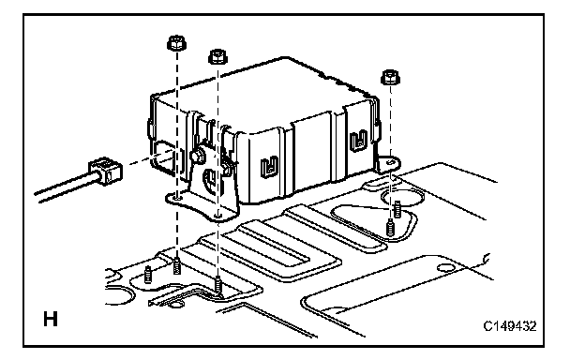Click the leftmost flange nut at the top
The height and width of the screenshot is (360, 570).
click(x=176, y=44)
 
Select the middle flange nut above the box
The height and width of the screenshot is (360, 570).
click(x=217, y=57)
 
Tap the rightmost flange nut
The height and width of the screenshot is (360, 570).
click(x=390, y=77)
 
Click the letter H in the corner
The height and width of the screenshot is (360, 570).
click(x=51, y=320)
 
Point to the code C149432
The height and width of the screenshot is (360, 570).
click(x=510, y=326)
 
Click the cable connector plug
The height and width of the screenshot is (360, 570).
click(x=105, y=171)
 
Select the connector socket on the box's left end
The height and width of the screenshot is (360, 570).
click(x=165, y=158)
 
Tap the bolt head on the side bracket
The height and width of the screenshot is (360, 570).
click(x=197, y=157)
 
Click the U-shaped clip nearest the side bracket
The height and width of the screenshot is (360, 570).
click(x=269, y=166)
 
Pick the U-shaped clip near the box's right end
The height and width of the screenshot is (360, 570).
click(x=358, y=140)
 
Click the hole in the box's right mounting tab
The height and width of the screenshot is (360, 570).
click(x=391, y=161)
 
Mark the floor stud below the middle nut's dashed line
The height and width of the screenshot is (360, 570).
click(x=217, y=283)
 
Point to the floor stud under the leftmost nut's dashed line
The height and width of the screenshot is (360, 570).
click(x=177, y=266)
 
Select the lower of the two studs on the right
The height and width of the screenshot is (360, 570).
click(x=390, y=227)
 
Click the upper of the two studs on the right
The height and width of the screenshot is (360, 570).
click(x=397, y=209)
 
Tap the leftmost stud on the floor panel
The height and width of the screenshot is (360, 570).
click(x=148, y=275)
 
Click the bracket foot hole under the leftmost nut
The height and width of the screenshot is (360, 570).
click(x=177, y=198)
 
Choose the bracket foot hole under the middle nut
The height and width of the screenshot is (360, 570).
click(x=217, y=216)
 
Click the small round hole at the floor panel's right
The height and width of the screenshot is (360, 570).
click(x=445, y=268)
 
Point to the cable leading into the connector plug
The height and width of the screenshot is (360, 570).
click(x=65, y=187)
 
